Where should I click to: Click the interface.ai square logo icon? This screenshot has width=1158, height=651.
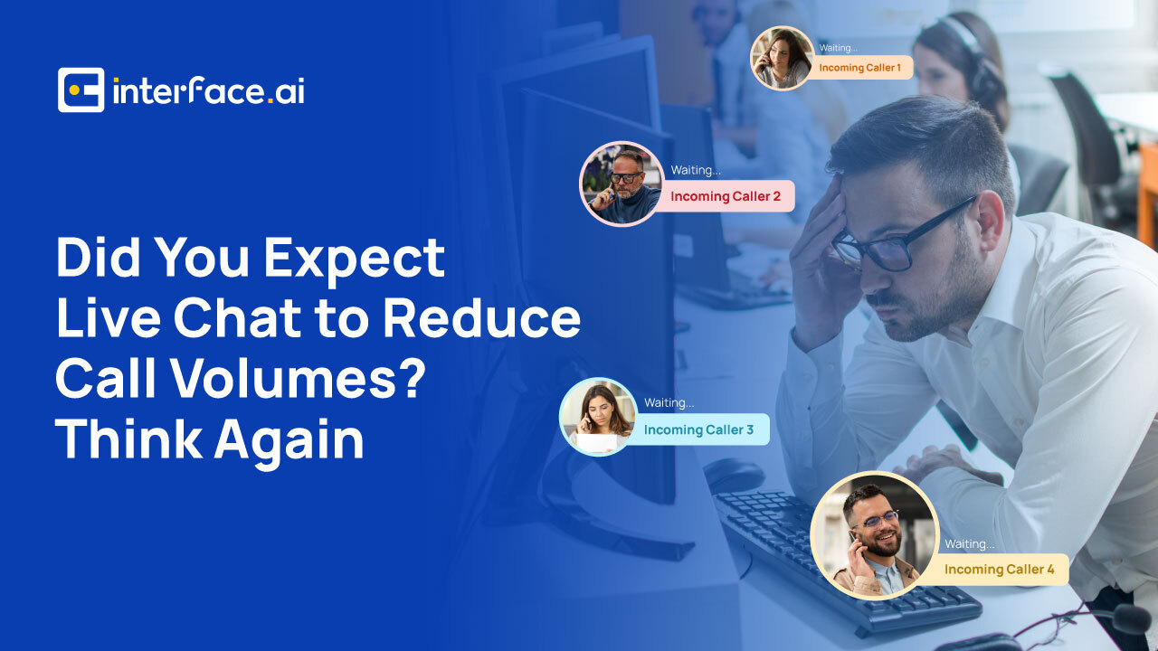click(81, 90)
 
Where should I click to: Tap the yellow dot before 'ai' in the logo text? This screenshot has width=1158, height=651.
click(271, 100)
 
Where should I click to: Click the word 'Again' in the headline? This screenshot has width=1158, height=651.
click(289, 439)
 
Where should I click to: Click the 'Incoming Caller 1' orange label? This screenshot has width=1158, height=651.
click(859, 68)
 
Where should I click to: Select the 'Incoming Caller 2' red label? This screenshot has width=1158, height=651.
click(726, 196)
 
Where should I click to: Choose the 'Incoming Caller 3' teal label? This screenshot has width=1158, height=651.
click(699, 429)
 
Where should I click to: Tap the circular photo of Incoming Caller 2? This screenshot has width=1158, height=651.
click(622, 184)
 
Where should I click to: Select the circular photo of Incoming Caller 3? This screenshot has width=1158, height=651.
click(599, 417)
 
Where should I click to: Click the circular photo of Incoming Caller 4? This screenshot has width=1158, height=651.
click(875, 536)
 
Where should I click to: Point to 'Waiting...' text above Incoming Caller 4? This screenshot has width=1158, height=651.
click(969, 544)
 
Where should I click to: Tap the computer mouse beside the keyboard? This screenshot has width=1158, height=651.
click(734, 475)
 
